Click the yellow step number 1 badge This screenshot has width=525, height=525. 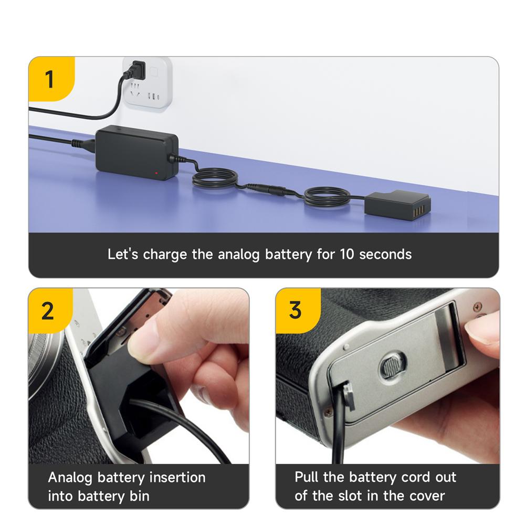50,80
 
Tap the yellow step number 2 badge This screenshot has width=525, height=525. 48,311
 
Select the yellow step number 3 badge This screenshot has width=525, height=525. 296,310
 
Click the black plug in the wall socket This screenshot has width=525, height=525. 137,69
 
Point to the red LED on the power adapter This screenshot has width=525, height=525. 156,173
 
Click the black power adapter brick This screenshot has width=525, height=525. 136,152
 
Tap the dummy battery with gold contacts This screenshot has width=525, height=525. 397,204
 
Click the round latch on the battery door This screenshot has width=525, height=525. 394,364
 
